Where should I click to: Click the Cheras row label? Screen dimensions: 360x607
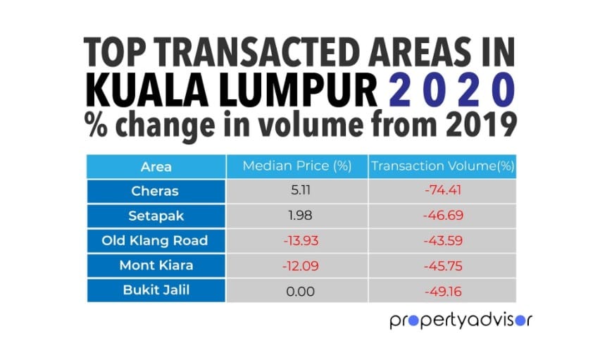click(x=156, y=190)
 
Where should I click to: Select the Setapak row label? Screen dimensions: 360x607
click(x=156, y=215)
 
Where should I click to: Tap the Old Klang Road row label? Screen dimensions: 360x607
click(x=156, y=240)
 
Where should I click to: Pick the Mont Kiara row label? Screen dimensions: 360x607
click(x=156, y=266)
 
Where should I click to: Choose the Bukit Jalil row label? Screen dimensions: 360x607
click(x=156, y=290)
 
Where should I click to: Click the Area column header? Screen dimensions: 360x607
click(x=156, y=166)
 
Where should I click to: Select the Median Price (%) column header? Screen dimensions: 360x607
click(x=296, y=166)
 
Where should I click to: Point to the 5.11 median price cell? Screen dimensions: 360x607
click(x=296, y=190)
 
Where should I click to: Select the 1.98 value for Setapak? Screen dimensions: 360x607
click(x=296, y=215)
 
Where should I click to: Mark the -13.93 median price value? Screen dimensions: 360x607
click(x=296, y=240)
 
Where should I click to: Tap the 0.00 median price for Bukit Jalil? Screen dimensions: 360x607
click(x=296, y=290)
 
